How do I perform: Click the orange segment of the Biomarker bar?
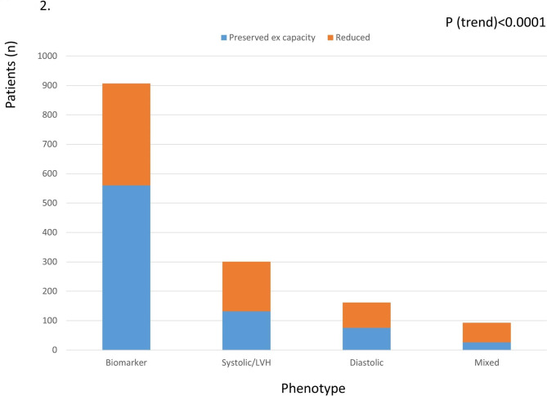pos(126,134)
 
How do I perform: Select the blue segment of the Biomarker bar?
pos(126,268)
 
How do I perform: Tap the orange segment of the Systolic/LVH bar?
pos(246,286)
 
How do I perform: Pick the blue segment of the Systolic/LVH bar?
pos(246,331)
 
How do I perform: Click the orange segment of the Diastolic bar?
pos(366,315)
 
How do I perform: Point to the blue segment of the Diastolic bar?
pos(366,339)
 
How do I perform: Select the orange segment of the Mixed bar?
pos(486,332)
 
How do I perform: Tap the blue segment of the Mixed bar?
pos(486,346)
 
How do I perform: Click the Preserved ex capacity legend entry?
pos(268,38)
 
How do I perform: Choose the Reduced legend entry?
pos(348,38)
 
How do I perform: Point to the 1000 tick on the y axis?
pos(47,56)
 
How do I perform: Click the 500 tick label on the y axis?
pos(50,203)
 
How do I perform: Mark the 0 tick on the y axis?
pos(55,350)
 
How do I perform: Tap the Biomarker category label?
pos(126,362)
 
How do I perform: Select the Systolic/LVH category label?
pos(246,362)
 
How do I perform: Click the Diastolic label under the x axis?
pos(366,362)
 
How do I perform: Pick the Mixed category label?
pos(486,362)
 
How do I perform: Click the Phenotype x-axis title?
pos(313,389)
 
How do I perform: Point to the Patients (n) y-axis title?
pos(11,74)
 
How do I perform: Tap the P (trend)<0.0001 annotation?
pos(495,22)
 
